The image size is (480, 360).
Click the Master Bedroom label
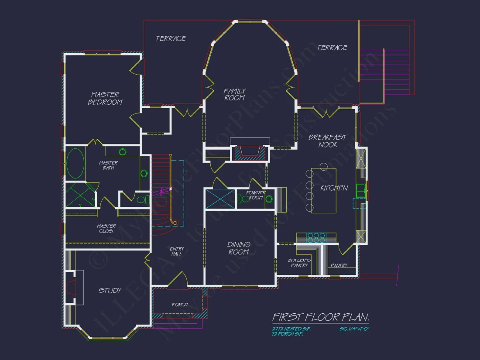pyautogui.click(x=105, y=98)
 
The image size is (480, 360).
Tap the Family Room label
pyautogui.click(x=235, y=94)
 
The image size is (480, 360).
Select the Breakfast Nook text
pyautogui.click(x=328, y=141)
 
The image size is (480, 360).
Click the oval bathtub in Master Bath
pyautogui.click(x=75, y=164)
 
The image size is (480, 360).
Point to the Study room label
pyautogui.click(x=110, y=291)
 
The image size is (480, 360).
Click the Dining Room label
pyautogui.click(x=239, y=248)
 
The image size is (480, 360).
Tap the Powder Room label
pyautogui.click(x=256, y=195)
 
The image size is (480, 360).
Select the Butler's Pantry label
pyautogui.click(x=299, y=263)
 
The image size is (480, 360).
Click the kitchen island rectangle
pyautogui.click(x=323, y=190)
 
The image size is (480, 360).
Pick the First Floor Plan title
pyautogui.click(x=321, y=317)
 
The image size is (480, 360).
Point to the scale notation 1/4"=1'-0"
pyautogui.click(x=354, y=329)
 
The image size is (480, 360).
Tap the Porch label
pyautogui.click(x=179, y=305)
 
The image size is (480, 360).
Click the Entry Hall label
pyautogui.click(x=177, y=251)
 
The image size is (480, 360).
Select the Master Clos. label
pyautogui.click(x=106, y=228)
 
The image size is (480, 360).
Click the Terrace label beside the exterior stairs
pyautogui.click(x=332, y=48)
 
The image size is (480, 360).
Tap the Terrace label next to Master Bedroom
pyautogui.click(x=171, y=39)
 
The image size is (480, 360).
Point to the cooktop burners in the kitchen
pyautogui.click(x=316, y=237)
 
